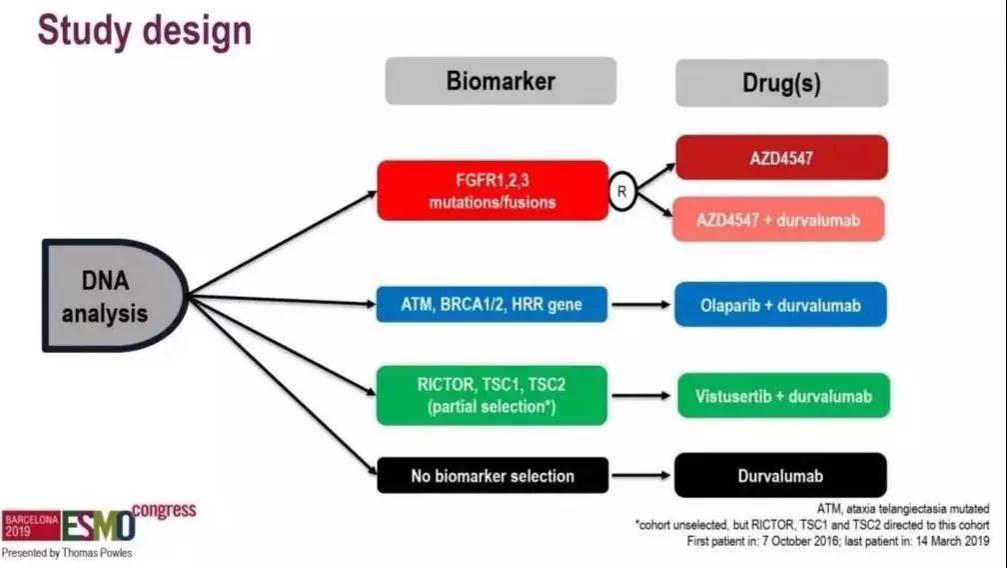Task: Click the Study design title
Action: (x=145, y=31)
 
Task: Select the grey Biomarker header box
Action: (x=501, y=81)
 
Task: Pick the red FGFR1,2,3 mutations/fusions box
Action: (x=493, y=190)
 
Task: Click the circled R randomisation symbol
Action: (x=622, y=191)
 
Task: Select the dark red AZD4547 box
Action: (x=781, y=157)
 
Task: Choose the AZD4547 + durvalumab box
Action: (x=781, y=219)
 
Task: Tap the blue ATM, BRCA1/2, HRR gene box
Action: (x=493, y=304)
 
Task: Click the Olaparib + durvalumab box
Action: (x=781, y=304)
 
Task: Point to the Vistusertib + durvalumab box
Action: (x=781, y=396)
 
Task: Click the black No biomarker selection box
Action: (x=493, y=475)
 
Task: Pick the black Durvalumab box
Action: (x=781, y=475)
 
